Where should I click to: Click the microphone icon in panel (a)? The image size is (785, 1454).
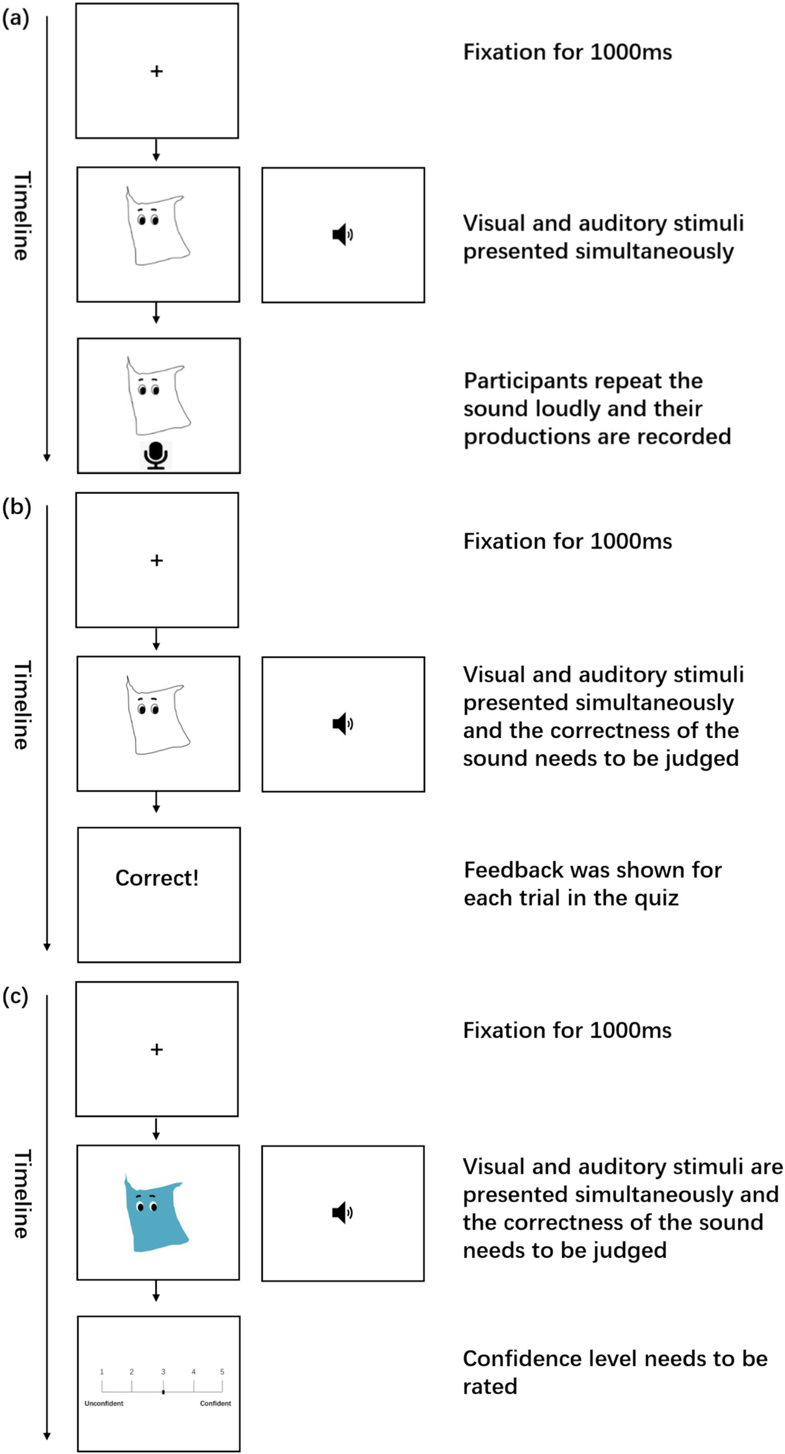click(155, 455)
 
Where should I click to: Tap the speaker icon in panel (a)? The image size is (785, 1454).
click(342, 234)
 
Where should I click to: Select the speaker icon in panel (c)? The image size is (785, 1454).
click(342, 1213)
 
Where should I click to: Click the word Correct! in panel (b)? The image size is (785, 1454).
click(157, 878)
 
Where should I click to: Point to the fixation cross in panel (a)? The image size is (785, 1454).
click(157, 71)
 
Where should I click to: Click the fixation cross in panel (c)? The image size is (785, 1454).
click(157, 1049)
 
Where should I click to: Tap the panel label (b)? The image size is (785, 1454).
click(16, 507)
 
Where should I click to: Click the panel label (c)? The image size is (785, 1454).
click(15, 996)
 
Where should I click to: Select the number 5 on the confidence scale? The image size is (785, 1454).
click(222, 1371)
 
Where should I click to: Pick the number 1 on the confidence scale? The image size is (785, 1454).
click(102, 1371)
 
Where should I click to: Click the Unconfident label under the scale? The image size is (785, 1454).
click(104, 1403)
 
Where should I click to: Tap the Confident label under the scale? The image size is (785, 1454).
click(215, 1403)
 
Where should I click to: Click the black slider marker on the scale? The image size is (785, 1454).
click(163, 1392)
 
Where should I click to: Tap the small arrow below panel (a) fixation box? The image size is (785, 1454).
click(156, 150)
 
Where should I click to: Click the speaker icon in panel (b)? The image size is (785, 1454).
click(342, 724)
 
